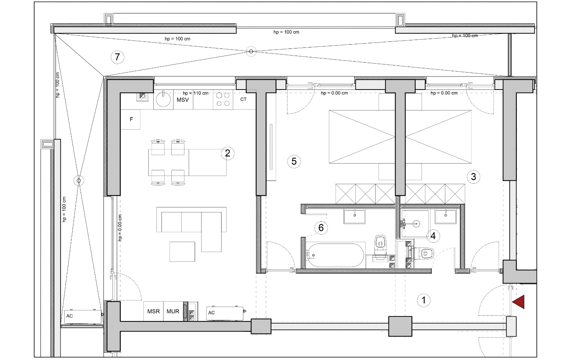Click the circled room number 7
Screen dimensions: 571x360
pos(117,57)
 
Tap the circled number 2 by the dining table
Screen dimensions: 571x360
pos(227,153)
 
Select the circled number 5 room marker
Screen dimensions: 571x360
pos(294,161)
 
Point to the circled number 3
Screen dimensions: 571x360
pos(473,177)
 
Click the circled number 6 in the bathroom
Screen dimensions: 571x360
pos(321,228)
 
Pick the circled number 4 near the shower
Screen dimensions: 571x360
pos(433,236)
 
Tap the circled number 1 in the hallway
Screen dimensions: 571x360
pos(424,300)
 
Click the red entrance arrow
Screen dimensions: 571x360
pos(518,302)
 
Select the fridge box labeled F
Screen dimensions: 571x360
pos(130,119)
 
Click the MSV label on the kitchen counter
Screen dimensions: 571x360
pos(183,100)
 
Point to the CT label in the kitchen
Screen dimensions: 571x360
pos(244,99)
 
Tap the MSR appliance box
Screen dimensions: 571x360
pos(153,311)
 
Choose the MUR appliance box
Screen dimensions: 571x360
pos(173,311)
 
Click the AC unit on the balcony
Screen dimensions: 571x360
pos(82,317)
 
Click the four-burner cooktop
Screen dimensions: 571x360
pos(223,99)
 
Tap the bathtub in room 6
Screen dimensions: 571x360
pos(335,255)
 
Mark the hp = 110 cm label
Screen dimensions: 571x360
pos(195,93)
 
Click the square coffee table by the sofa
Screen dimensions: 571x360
pos(182,252)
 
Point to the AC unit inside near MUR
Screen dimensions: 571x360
pos(225,313)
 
